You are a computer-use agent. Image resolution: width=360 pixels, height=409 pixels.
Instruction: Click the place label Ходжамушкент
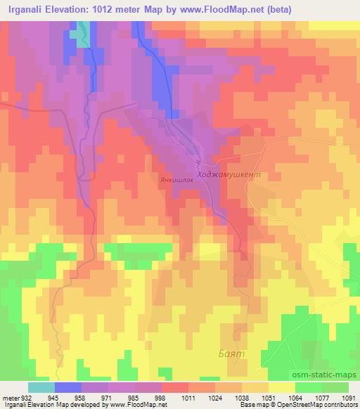tap(230, 171)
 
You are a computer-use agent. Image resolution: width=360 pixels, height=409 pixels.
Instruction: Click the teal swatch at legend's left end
tap(41, 387)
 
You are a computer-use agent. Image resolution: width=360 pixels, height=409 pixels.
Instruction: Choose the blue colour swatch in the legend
tap(68, 387)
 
